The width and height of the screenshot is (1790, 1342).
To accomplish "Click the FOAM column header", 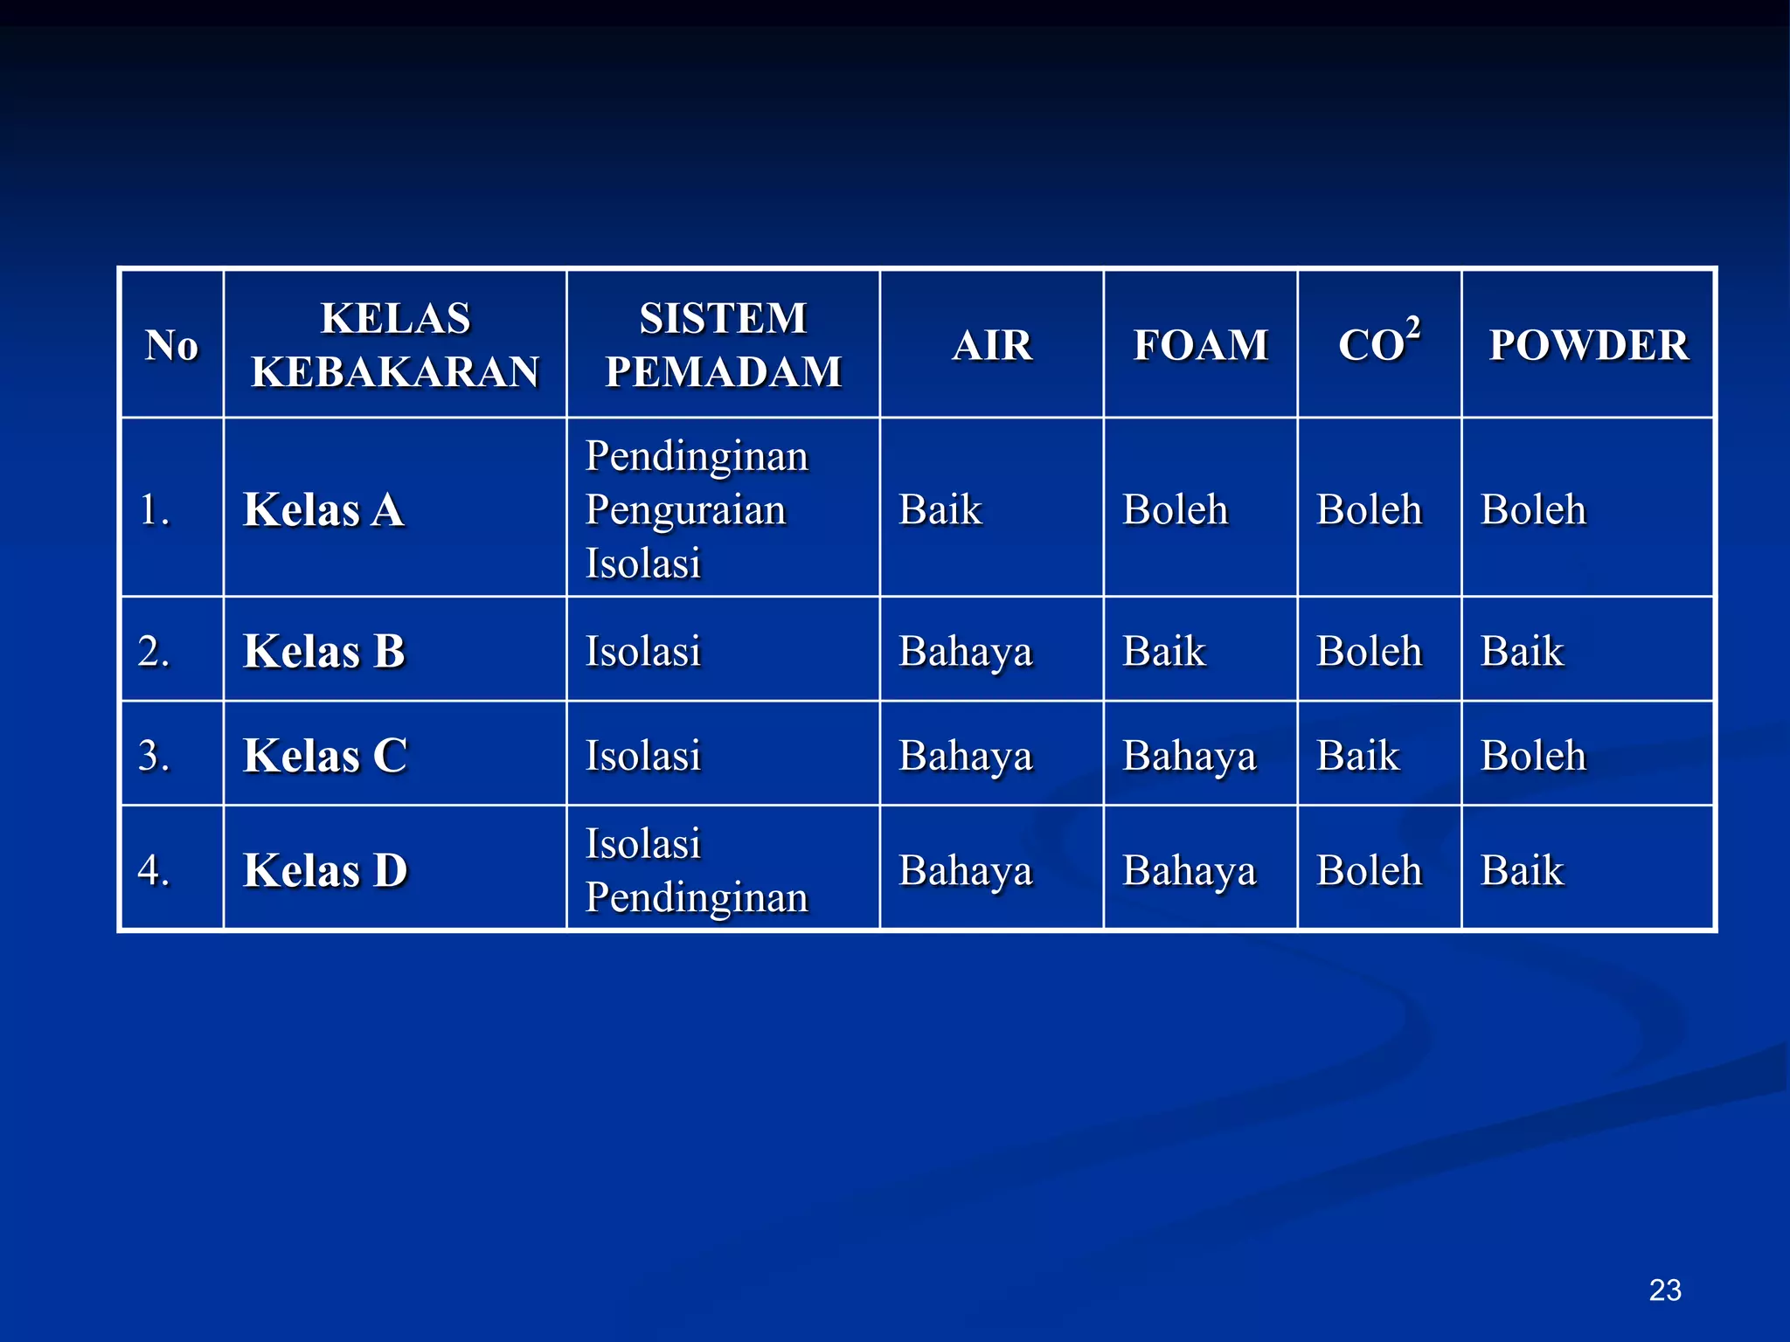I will (x=1200, y=344).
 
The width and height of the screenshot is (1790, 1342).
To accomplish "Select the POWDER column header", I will (x=1588, y=344).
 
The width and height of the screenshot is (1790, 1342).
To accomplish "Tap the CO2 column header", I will (x=1378, y=342).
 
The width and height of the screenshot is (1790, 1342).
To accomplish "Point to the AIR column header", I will (x=992, y=344).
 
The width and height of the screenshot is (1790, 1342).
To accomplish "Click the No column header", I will (x=171, y=344).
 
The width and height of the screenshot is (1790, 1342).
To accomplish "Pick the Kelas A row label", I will (x=323, y=509).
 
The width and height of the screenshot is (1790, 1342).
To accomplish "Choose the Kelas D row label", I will (x=325, y=870).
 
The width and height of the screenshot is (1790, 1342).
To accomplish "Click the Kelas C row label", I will (x=324, y=755).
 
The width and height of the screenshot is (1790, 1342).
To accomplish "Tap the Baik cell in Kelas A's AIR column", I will (x=940, y=509).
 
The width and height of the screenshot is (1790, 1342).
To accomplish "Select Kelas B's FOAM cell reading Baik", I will (x=1164, y=651).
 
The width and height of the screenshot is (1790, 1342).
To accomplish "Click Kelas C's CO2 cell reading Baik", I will (x=1358, y=755).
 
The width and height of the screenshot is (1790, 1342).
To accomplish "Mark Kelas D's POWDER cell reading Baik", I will (x=1522, y=870).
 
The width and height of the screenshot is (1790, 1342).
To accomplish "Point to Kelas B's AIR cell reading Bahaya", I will (x=966, y=652).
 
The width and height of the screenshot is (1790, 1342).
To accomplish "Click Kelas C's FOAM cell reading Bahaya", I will (x=1190, y=756).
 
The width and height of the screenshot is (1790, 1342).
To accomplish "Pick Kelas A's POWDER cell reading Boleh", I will (x=1533, y=509).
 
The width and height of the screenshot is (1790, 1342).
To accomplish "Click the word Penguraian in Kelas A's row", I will (x=686, y=510).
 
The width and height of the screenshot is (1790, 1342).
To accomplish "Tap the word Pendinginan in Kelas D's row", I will (x=697, y=897).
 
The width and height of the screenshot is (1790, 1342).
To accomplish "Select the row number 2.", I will (x=154, y=651).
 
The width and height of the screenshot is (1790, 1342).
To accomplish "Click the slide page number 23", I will (x=1665, y=1290).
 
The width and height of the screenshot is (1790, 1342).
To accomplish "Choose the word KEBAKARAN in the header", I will (x=395, y=371).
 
